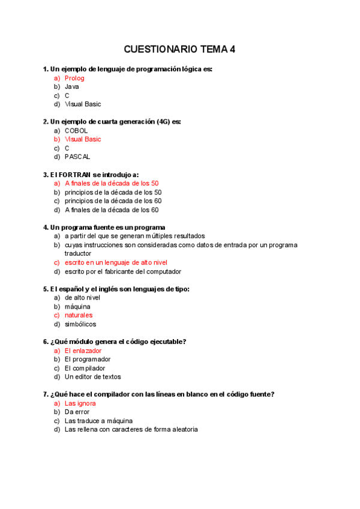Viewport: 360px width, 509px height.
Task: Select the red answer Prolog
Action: pos(74,78)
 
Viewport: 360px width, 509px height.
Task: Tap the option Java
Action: pos(72,86)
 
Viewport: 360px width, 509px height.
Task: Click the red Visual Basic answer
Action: pos(83,139)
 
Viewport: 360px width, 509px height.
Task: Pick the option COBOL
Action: pos(76,130)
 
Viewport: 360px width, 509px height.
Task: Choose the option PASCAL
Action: pos(77,157)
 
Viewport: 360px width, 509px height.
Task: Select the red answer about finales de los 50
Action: pos(112,183)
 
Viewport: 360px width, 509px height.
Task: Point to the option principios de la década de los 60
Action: pos(113,201)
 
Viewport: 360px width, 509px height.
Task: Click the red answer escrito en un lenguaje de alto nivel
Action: pos(116,262)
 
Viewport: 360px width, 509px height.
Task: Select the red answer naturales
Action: pos(79,315)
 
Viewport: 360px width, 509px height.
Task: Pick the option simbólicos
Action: pos(80,324)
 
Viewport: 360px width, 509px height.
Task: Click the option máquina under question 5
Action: pos(77,306)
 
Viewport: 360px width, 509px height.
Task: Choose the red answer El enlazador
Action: pos(83,351)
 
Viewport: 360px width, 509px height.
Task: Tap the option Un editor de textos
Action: pos(93,377)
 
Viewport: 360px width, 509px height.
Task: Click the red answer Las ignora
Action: pos(80,403)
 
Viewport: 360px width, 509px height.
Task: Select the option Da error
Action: pos(77,412)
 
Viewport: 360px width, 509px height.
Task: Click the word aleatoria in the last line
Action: pos(183,429)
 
